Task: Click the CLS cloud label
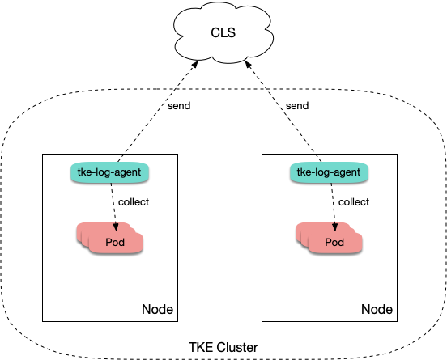click(x=223, y=32)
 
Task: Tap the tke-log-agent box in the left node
click(x=110, y=172)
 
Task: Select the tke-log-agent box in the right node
click(x=330, y=172)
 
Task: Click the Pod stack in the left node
click(x=110, y=238)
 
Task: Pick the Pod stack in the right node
click(x=330, y=238)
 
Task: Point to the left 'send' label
click(x=179, y=106)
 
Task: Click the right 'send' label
click(x=297, y=106)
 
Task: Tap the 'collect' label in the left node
click(x=134, y=202)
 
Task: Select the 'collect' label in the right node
click(x=354, y=202)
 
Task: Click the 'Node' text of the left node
click(x=157, y=309)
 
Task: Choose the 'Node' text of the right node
click(x=377, y=309)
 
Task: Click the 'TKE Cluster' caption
click(x=223, y=348)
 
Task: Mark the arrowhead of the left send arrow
click(x=195, y=64)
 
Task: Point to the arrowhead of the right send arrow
click(x=248, y=65)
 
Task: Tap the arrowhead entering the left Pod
click(x=116, y=227)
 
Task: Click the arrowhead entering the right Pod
click(x=334, y=227)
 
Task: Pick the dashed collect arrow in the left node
click(x=113, y=206)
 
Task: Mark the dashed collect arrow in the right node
click(x=333, y=206)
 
